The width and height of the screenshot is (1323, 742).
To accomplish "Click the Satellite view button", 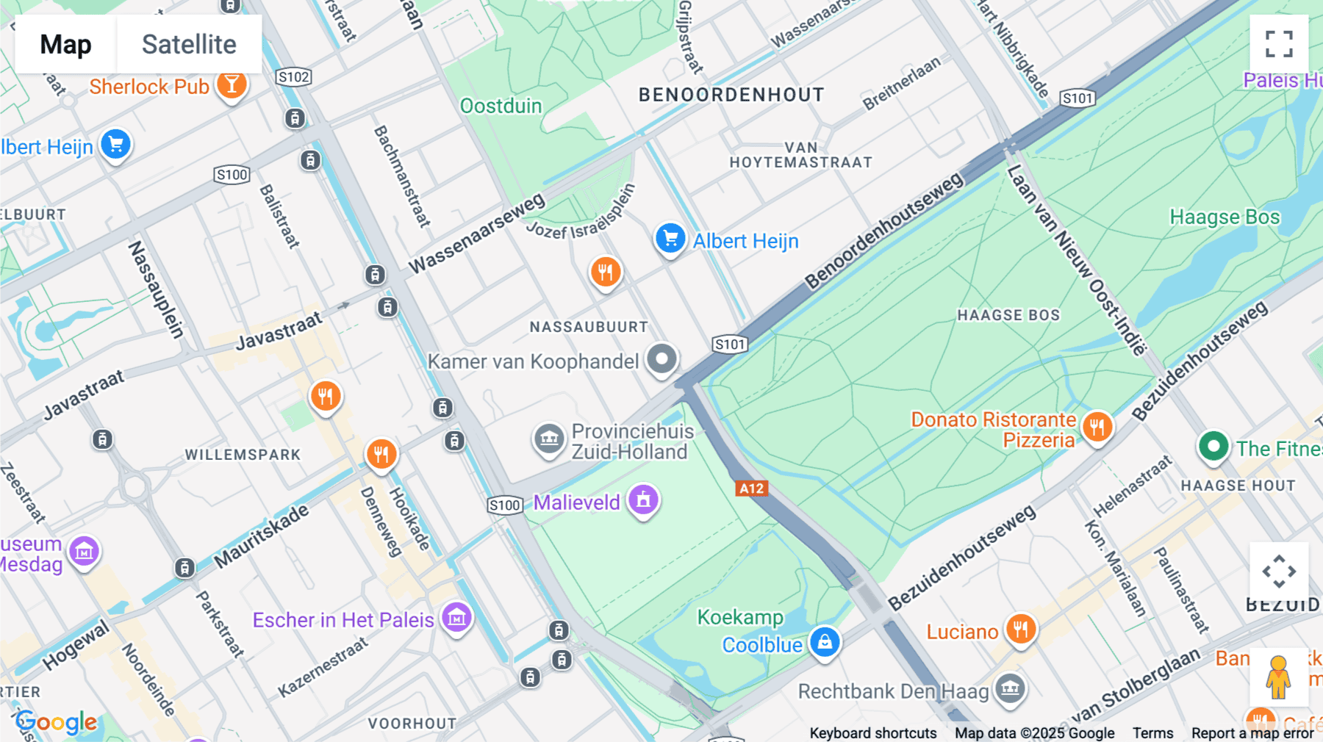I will [189, 44].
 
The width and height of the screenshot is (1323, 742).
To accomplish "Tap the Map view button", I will [65, 44].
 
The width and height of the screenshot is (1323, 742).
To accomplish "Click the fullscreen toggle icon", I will [1279, 44].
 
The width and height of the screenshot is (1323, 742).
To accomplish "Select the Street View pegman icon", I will [1278, 677].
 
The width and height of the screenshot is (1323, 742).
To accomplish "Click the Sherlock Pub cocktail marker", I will [232, 85].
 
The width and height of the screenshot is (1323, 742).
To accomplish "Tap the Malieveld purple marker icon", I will [643, 501].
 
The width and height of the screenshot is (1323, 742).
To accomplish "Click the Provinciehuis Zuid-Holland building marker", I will [549, 439].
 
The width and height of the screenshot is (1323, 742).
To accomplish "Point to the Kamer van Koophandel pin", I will [661, 360].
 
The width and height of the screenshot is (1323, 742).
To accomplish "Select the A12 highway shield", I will [751, 489].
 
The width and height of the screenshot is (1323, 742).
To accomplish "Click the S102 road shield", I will [294, 77].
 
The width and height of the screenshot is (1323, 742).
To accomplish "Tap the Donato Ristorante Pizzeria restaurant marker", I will [1097, 427].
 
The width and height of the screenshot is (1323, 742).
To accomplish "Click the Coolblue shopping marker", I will [825, 642].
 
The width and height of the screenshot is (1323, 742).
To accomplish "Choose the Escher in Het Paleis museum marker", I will [456, 618].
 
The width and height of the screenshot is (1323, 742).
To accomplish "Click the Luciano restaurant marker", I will [1020, 630].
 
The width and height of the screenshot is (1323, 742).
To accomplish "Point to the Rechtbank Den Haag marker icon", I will [1010, 689].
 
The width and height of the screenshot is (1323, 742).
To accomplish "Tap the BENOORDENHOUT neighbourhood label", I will [731, 95].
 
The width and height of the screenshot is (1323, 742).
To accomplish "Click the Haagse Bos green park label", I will [1225, 217].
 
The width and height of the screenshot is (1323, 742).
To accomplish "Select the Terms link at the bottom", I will [1152, 732].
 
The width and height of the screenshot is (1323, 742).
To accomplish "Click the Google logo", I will [57, 722].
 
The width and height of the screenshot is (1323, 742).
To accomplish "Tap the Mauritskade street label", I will [262, 536].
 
